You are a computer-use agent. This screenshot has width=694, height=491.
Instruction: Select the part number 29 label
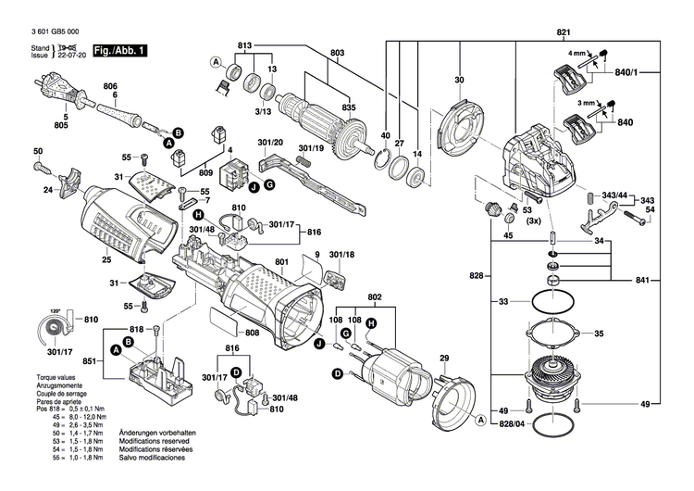(x=444, y=358)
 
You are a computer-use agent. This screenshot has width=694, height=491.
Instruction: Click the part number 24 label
(x=47, y=191)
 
